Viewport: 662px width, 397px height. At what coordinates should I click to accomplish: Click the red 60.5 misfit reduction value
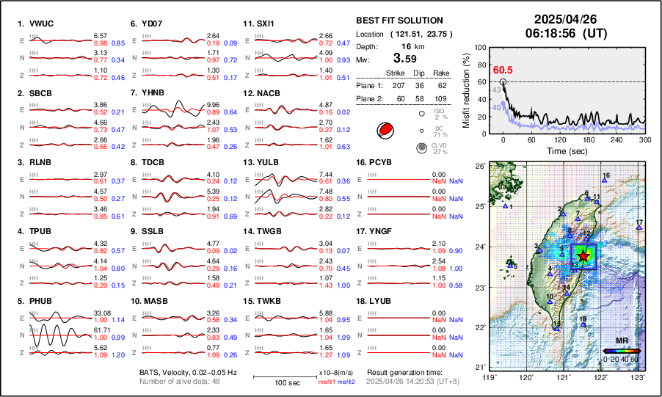tap(502, 70)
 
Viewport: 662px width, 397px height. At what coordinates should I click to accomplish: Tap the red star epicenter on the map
tap(583, 255)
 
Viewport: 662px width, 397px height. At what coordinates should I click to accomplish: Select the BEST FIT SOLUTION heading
tap(399, 21)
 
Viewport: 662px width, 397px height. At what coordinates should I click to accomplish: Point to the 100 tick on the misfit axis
tap(480, 47)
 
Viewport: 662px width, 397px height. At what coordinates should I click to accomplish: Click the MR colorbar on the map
tap(621, 350)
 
